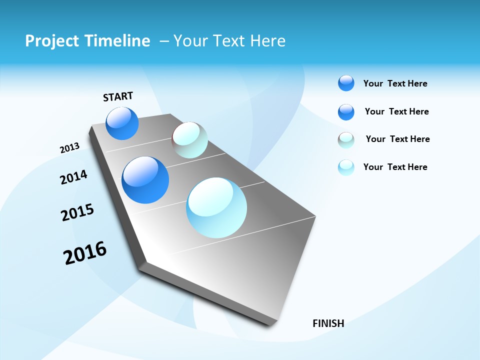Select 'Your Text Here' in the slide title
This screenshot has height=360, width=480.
tap(229, 41)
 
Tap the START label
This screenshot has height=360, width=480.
tap(118, 96)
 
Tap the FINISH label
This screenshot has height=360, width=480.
tap(328, 323)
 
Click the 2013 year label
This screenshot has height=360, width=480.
tap(69, 148)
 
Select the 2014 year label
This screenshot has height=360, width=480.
tap(73, 177)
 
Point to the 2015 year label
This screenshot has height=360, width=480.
tap(77, 212)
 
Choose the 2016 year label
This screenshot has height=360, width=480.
tap(85, 253)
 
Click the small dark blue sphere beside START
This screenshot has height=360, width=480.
tap(122, 123)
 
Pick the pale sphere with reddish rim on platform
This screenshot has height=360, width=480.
tap(189, 140)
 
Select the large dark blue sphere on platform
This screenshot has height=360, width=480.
tap(145, 180)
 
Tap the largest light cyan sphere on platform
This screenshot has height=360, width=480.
tap(216, 207)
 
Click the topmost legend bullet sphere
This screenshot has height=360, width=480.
tap(346, 83)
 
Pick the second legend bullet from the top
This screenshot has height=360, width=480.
tap(346, 112)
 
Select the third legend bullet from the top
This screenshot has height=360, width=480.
tap(346, 140)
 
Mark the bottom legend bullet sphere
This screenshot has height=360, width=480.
tap(346, 167)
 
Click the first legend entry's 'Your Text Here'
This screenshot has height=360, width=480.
tap(395, 83)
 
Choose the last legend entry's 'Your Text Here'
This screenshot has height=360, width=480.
tap(395, 167)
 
